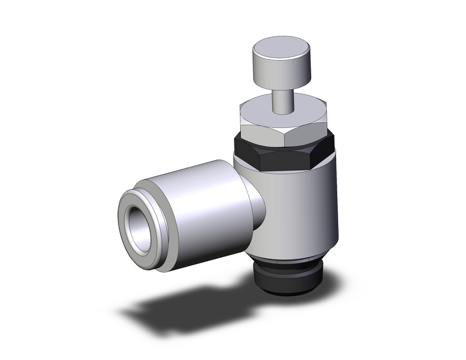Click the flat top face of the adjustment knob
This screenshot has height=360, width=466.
282,49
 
